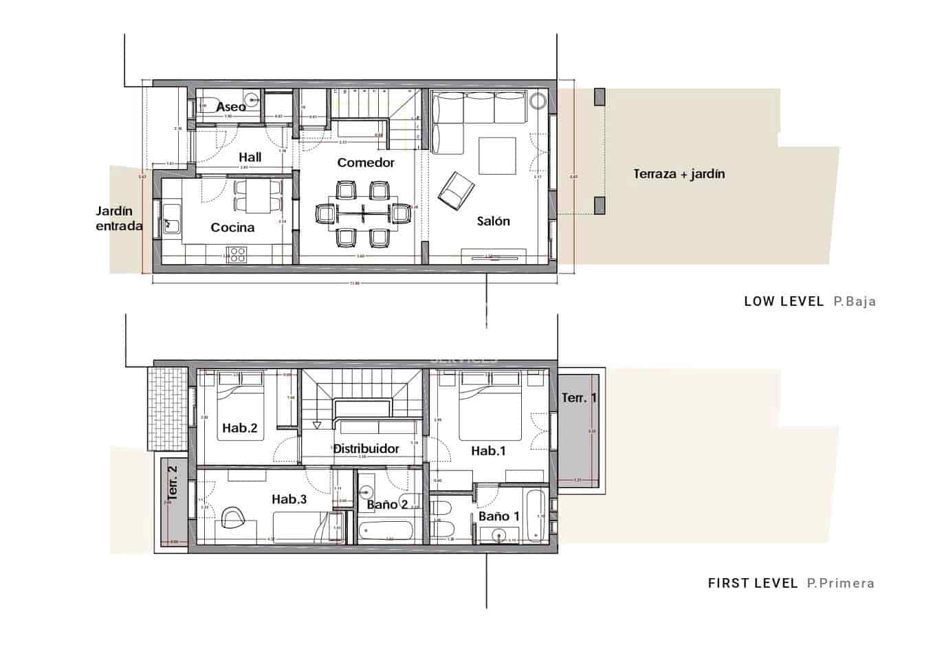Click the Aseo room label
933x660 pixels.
point(230,107)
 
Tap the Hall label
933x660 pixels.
point(250,157)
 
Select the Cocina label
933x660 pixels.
point(232,228)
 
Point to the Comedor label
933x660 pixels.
point(366,163)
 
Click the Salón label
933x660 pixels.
point(493,221)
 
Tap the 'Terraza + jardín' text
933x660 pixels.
point(679,174)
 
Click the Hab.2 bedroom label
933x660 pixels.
point(239,428)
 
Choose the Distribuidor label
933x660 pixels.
point(366,449)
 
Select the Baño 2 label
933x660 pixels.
point(387,505)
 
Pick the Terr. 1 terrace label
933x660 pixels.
point(579,398)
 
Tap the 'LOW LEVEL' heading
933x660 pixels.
point(783,301)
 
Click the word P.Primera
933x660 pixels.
point(840,584)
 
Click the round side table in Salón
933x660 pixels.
point(537,100)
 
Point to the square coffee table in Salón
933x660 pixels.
point(497,156)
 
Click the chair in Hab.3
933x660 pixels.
point(233,517)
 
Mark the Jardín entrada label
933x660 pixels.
point(118,219)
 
